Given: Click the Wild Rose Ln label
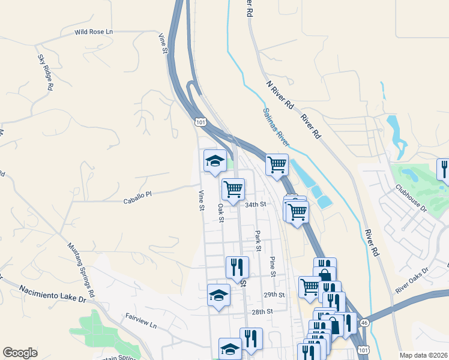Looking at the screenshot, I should click(x=94, y=32).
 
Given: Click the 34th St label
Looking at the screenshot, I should click(x=255, y=205).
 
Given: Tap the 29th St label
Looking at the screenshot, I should click(x=273, y=295).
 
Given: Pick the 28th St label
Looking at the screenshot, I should click(x=262, y=312).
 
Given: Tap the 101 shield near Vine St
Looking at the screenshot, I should click(x=200, y=122).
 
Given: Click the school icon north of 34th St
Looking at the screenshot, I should click(x=214, y=161).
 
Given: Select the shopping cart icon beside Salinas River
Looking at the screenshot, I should click(x=277, y=164).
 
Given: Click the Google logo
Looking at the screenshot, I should click(x=20, y=353).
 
